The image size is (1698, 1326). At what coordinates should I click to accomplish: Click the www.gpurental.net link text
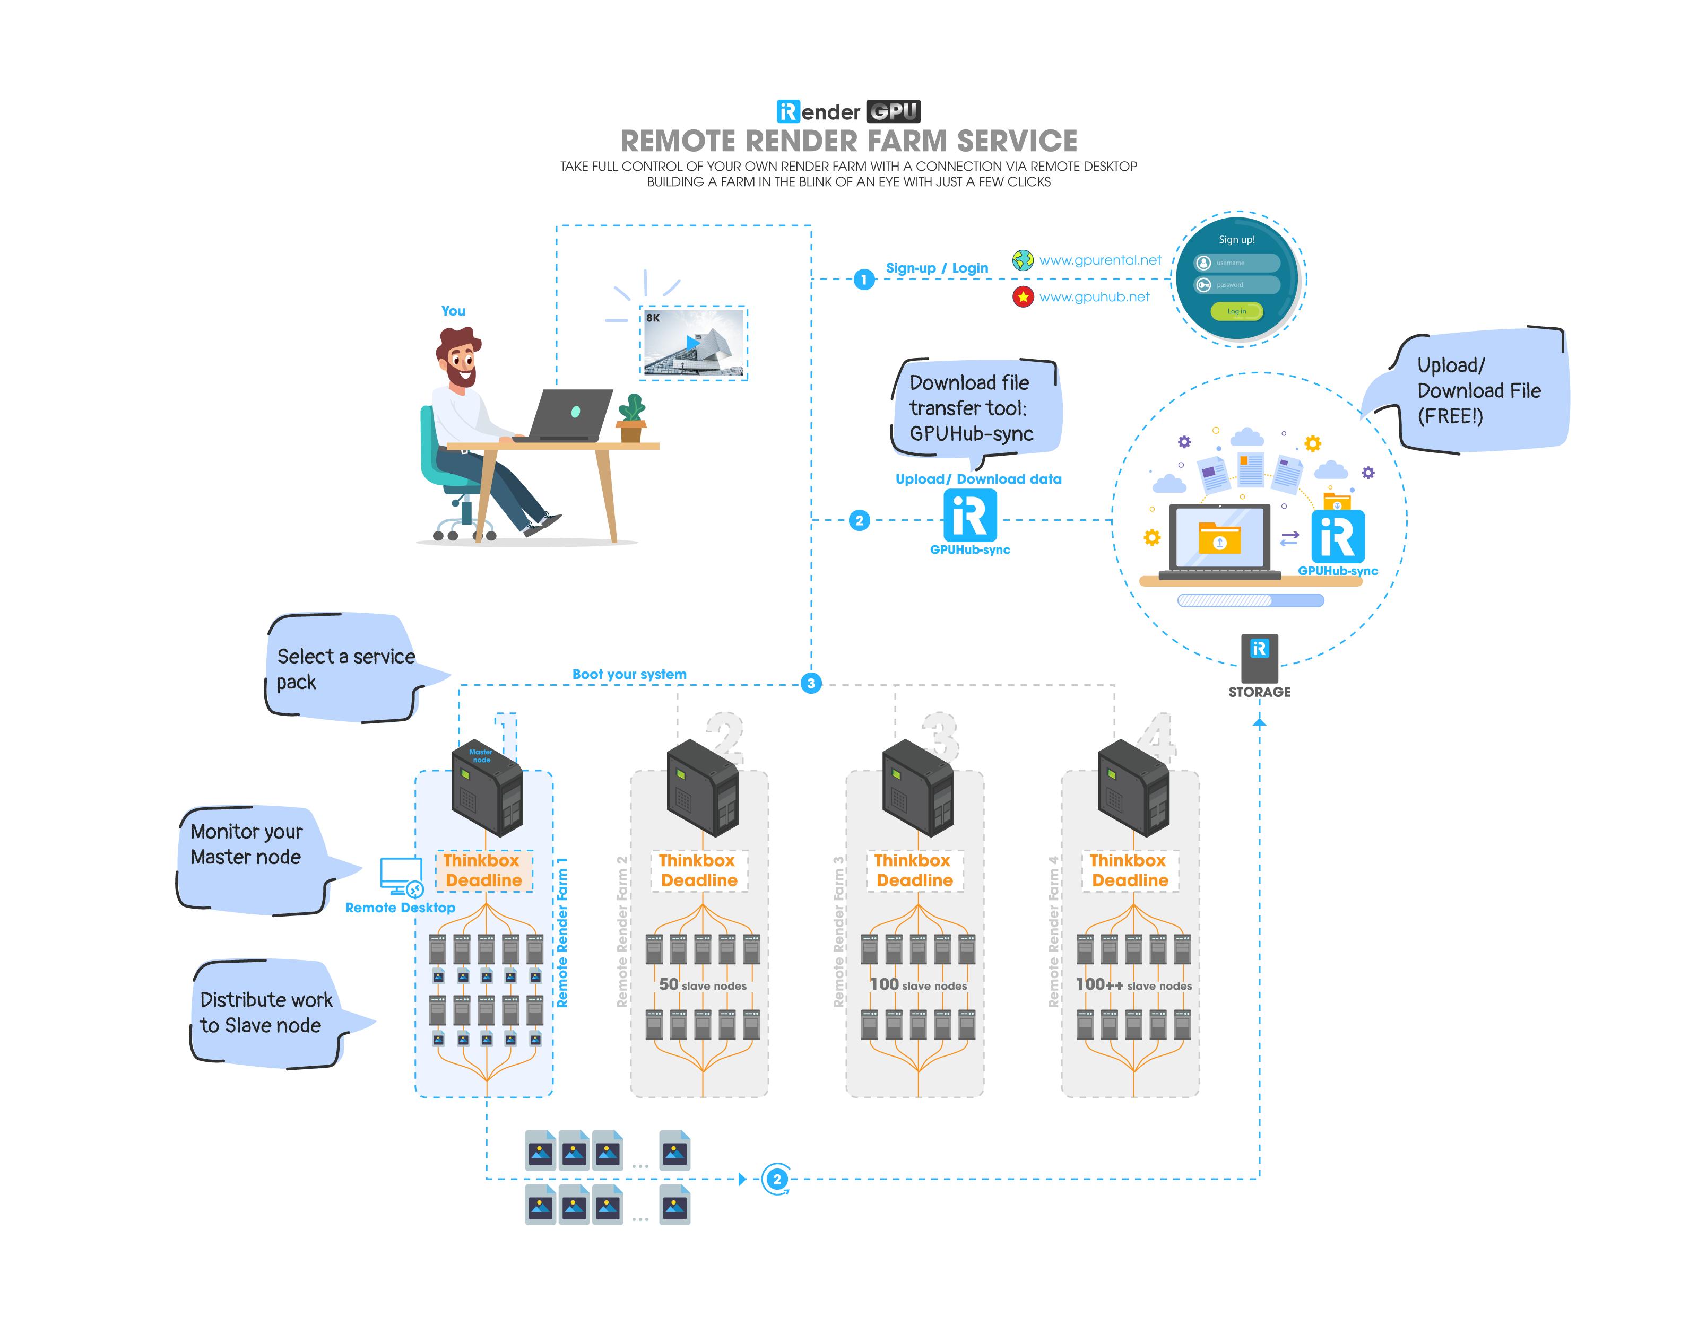1099,260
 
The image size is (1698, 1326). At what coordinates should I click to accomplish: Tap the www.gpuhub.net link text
1094,297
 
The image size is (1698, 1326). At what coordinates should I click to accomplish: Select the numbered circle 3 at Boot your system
811,683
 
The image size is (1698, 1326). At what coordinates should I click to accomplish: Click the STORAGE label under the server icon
1259,692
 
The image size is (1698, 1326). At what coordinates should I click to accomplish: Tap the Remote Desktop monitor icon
401,877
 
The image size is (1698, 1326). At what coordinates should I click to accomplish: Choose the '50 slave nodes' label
702,985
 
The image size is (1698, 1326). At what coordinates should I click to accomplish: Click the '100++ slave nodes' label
1133,985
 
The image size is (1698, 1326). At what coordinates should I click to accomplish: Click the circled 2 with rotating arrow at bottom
776,1179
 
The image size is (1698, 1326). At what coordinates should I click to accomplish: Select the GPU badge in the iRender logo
894,112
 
